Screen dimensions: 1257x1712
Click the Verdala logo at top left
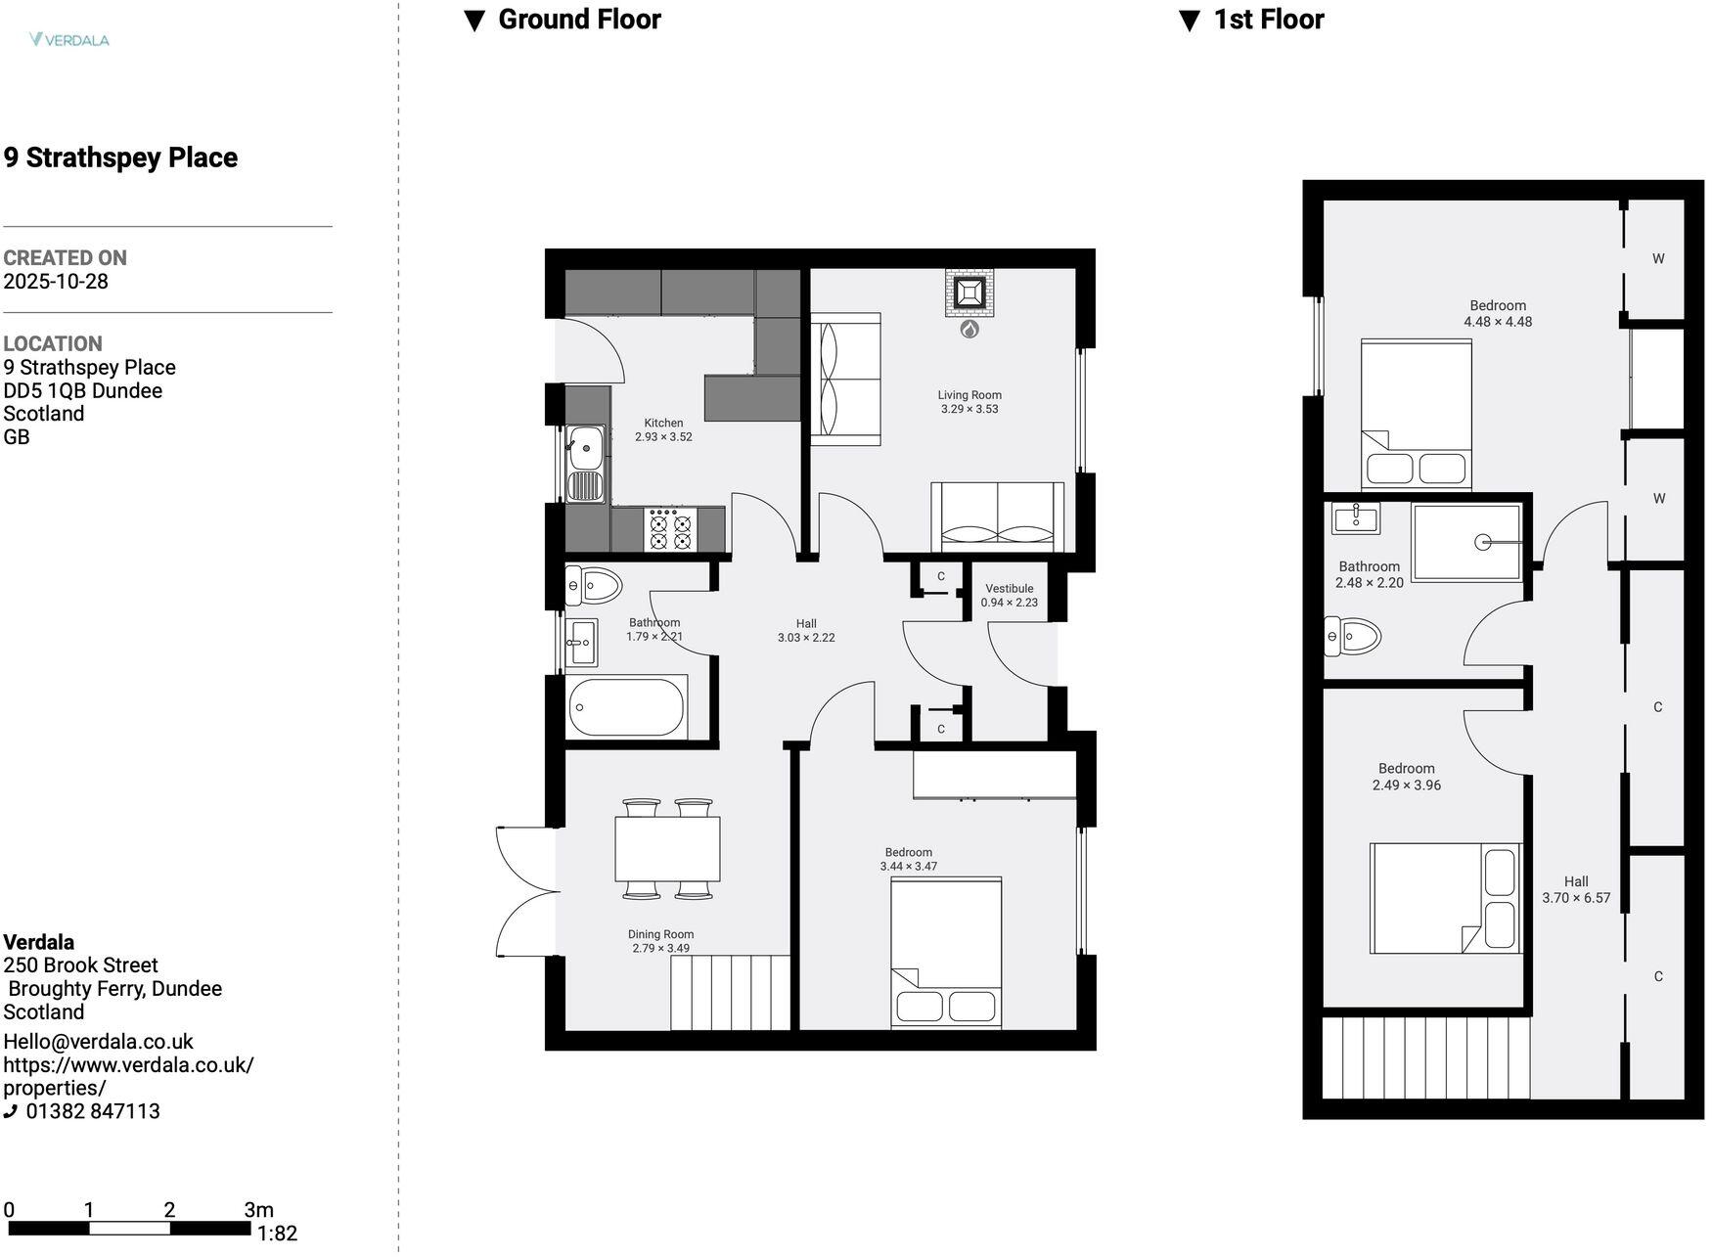[68, 40]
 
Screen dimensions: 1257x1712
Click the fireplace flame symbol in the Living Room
[969, 329]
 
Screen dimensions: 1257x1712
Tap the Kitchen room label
[663, 423]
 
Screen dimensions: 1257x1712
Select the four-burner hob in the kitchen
[670, 529]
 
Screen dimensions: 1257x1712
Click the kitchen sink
[585, 449]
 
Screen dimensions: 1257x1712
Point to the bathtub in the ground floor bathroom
[626, 706]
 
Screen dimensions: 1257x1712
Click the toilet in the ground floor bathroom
[594, 587]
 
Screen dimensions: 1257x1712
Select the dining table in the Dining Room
[667, 849]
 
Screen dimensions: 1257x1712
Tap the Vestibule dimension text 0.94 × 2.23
[1009, 603]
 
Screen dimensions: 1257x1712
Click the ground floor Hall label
[806, 623]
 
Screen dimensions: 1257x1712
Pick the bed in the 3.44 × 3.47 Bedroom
[945, 952]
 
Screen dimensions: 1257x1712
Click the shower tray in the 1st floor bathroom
[1466, 542]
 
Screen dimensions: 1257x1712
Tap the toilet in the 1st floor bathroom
[1353, 637]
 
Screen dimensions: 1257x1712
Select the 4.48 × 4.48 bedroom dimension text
[1497, 322]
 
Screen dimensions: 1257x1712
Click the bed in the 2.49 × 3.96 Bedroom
[1445, 898]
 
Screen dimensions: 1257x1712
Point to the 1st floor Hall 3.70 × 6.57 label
[1575, 889]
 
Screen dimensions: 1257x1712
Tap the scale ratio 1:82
[277, 1234]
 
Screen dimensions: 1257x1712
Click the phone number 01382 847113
[92, 1111]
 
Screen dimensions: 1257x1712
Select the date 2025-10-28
[56, 282]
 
